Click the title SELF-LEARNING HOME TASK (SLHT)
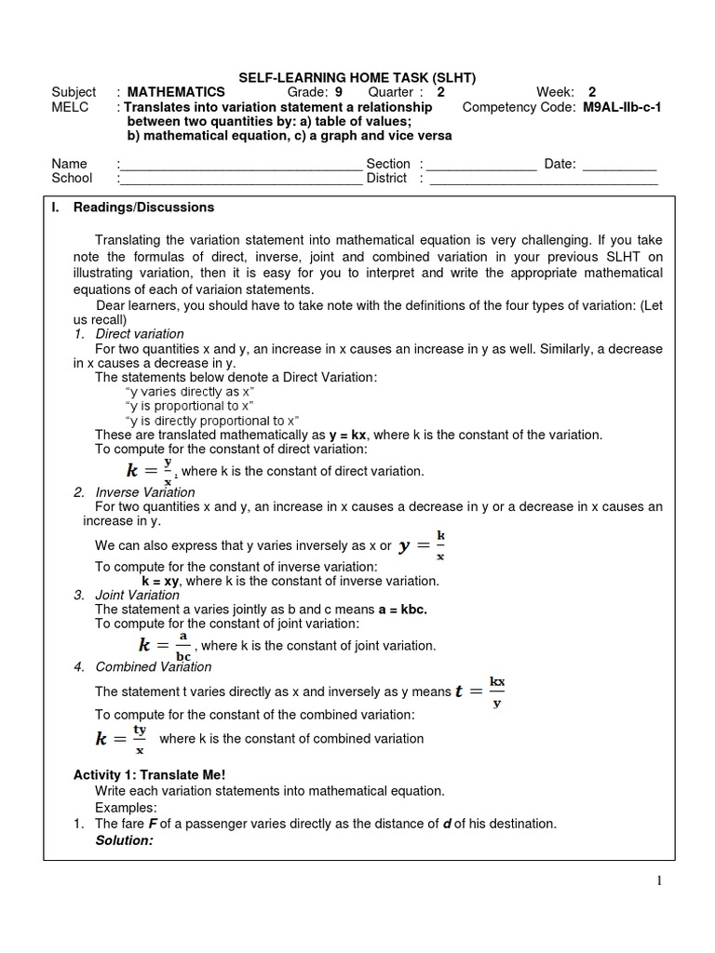pyautogui.click(x=357, y=77)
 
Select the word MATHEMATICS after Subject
pyautogui.click(x=176, y=92)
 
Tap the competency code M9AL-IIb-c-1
pyautogui.click(x=622, y=107)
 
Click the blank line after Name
pyautogui.click(x=240, y=165)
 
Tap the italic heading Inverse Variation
pyautogui.click(x=145, y=492)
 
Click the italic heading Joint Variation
pyautogui.click(x=138, y=595)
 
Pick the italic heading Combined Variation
pyautogui.click(x=153, y=666)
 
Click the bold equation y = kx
pyautogui.click(x=347, y=435)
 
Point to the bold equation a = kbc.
pyautogui.click(x=402, y=610)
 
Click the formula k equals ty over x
pyautogui.click(x=120, y=739)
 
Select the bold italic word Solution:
pyautogui.click(x=124, y=840)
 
